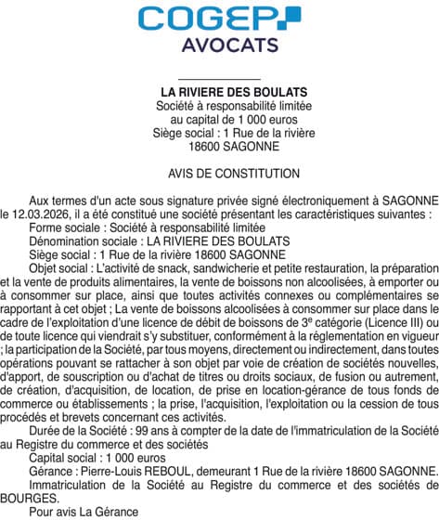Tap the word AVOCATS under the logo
(x=219, y=45)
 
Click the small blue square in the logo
(x=292, y=12)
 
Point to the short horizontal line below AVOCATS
(x=218, y=79)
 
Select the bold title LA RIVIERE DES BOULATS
(x=219, y=93)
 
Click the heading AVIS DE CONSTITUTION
(x=220, y=174)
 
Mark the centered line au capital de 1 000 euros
(x=219, y=120)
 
